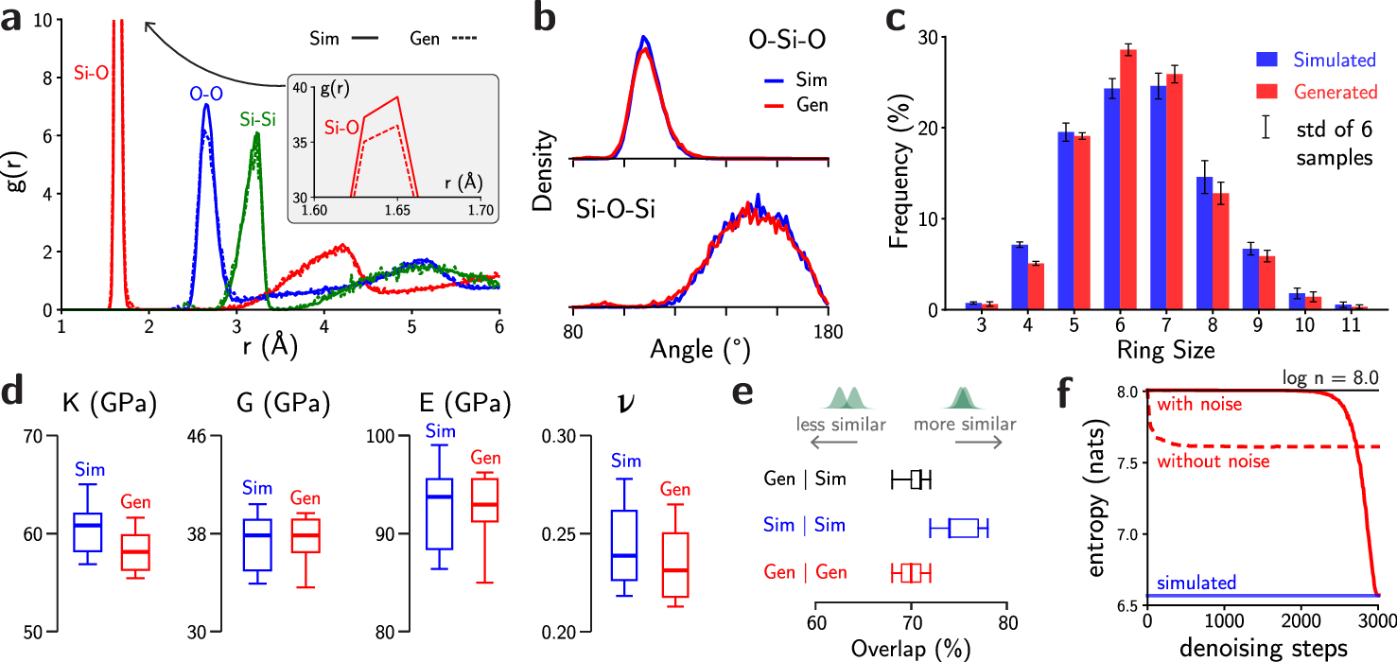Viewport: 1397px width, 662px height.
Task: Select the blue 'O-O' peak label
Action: click(205, 94)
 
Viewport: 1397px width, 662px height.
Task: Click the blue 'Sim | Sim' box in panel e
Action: click(963, 529)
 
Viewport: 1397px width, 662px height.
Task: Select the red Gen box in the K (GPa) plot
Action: click(135, 552)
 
